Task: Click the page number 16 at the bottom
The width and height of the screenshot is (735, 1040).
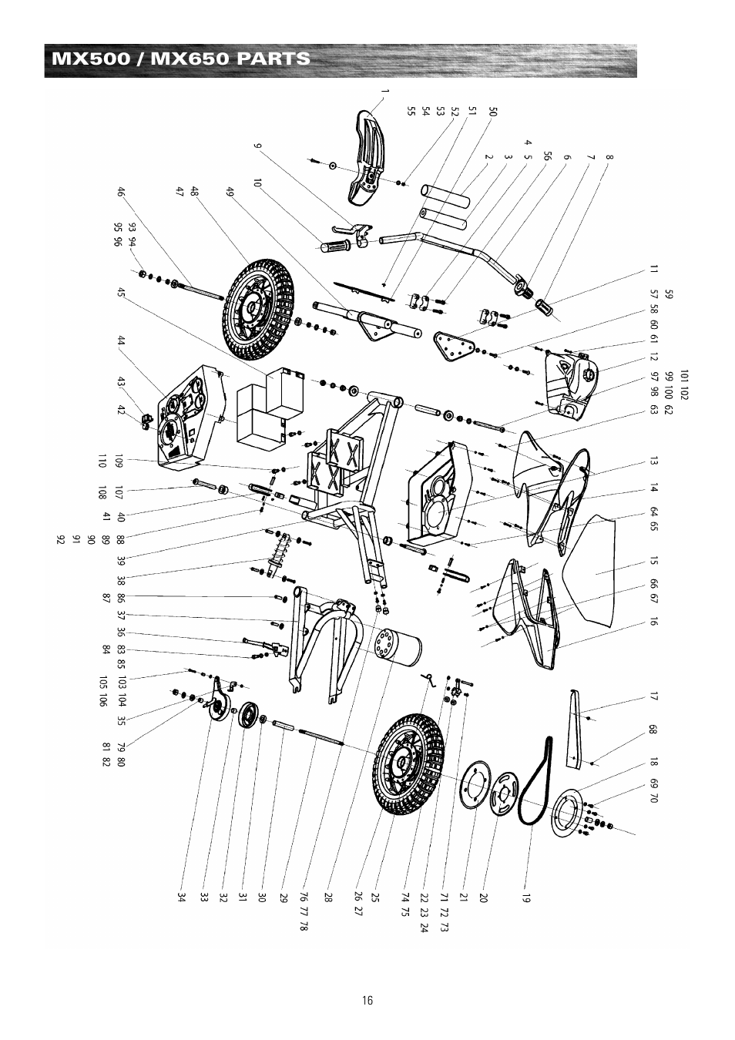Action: pos(367,1000)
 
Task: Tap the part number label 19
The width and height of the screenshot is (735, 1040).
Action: pos(529,897)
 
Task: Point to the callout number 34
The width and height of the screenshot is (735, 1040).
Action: pos(182,897)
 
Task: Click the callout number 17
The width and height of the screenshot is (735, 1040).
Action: pos(653,698)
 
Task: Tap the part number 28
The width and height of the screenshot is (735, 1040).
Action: pos(327,897)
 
